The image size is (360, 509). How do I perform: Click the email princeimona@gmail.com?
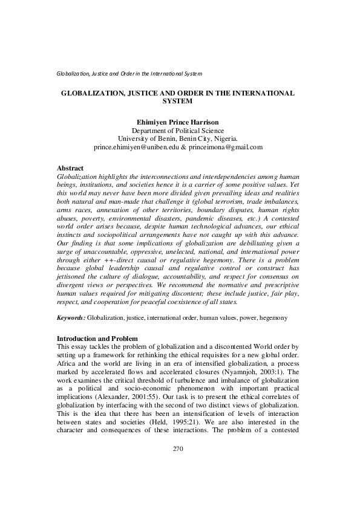click(x=228, y=147)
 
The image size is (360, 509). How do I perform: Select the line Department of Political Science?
click(x=178, y=130)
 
